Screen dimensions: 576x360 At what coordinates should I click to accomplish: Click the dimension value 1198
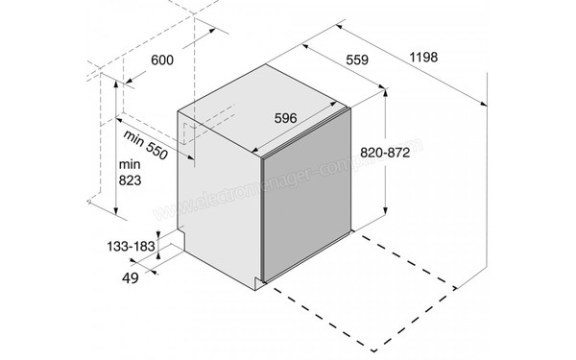[423, 58]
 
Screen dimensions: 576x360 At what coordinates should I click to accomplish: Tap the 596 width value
[285, 118]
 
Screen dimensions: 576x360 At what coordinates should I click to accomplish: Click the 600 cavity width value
[162, 61]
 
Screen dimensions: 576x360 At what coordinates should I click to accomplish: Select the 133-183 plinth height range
[131, 247]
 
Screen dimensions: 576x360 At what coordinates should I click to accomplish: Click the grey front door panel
[307, 206]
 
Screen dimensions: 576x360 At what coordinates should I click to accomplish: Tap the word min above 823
[129, 163]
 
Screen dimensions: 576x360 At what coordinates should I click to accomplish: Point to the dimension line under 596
[288, 135]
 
